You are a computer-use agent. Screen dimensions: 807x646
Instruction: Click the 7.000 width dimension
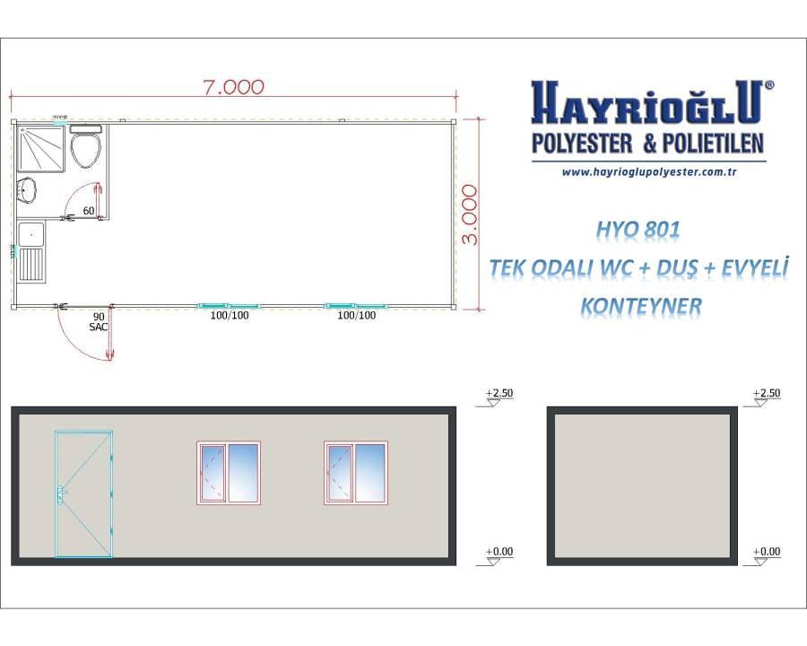point(234,87)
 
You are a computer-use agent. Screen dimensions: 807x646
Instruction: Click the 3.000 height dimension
point(470,214)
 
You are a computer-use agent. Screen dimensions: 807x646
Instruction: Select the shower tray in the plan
point(41,148)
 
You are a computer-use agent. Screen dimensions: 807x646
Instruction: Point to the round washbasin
point(26,190)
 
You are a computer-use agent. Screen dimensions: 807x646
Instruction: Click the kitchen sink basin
point(32,234)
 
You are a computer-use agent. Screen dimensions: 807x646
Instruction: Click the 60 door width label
point(89,211)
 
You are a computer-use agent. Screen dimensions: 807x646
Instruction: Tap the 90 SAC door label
point(99,322)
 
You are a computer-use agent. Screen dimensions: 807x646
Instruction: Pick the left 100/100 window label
point(230,315)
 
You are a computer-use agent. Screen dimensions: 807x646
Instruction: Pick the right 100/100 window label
point(357,315)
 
